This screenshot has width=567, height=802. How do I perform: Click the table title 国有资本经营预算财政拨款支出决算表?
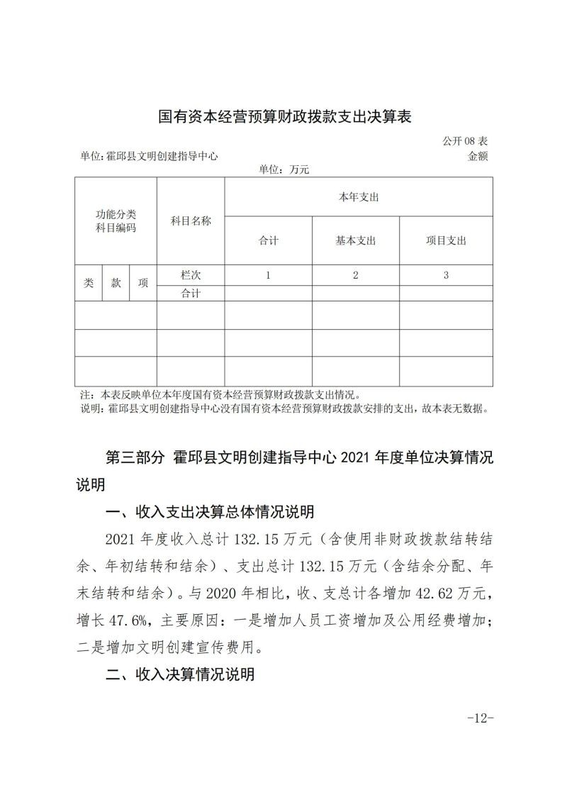click(x=285, y=116)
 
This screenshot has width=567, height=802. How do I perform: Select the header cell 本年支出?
click(x=358, y=197)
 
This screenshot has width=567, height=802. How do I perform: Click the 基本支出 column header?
click(x=356, y=240)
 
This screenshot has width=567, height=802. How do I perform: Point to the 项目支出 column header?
click(x=446, y=240)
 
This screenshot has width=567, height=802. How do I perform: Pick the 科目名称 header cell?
click(x=191, y=221)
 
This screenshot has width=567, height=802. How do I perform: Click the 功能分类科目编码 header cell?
click(x=116, y=221)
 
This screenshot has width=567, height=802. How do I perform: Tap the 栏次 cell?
click(x=191, y=275)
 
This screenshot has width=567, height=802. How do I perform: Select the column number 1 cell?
click(x=269, y=275)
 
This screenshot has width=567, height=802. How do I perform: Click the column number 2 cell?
click(x=356, y=275)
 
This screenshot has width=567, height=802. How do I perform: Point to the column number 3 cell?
click(x=446, y=275)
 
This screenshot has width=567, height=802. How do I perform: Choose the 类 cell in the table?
click(x=89, y=283)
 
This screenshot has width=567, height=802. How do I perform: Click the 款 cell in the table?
click(x=116, y=283)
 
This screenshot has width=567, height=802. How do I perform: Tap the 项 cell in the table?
click(x=143, y=283)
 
